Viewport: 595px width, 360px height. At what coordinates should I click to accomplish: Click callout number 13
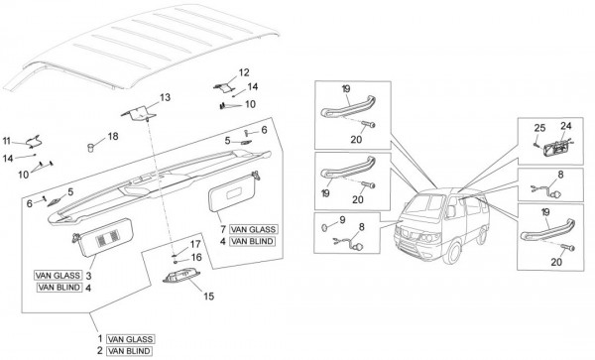pyautogui.click(x=165, y=98)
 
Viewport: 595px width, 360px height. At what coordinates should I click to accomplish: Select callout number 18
pyautogui.click(x=113, y=136)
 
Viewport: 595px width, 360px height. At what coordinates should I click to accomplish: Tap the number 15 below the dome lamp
pyautogui.click(x=208, y=297)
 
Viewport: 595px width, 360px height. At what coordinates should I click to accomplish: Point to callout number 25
pyautogui.click(x=539, y=128)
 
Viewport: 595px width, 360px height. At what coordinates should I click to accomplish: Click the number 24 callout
pyautogui.click(x=566, y=126)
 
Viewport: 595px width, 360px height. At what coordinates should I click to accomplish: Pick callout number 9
pyautogui.click(x=342, y=219)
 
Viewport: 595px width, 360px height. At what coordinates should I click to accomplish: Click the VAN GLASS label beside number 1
pyautogui.click(x=130, y=339)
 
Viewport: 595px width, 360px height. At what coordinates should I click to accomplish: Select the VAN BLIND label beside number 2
pyautogui.click(x=129, y=351)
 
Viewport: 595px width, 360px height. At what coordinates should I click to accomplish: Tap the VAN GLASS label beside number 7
pyautogui.click(x=253, y=229)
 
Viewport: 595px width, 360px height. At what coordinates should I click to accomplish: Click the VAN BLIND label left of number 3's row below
pyautogui.click(x=59, y=288)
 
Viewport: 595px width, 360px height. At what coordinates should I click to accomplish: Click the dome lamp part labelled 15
pyautogui.click(x=181, y=276)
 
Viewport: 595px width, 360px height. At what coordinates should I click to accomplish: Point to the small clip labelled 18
pyautogui.click(x=90, y=148)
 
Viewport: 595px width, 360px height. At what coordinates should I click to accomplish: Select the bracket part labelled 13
pyautogui.click(x=138, y=113)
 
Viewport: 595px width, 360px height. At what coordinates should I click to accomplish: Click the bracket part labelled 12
pyautogui.click(x=224, y=87)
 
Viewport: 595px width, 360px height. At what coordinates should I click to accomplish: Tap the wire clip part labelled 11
pyautogui.click(x=34, y=142)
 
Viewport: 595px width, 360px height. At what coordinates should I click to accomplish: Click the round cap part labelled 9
pyautogui.click(x=325, y=228)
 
